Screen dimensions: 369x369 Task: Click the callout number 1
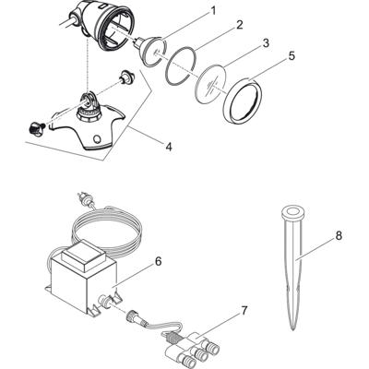[x=213, y=11]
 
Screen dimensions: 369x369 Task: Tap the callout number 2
[x=239, y=25]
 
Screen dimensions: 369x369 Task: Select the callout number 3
[x=265, y=42]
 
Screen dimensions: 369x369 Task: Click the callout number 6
[x=158, y=261]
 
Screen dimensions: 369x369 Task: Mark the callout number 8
[x=338, y=236]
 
